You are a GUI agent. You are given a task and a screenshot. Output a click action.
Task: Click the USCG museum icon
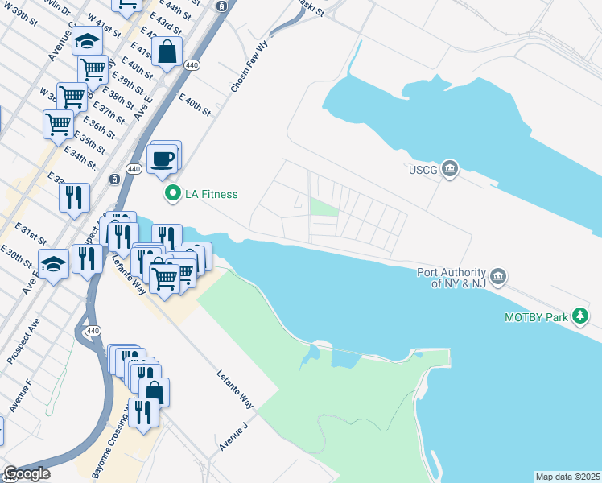click(x=450, y=168)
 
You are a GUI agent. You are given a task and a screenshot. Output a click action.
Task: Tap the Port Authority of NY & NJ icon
click(x=498, y=278)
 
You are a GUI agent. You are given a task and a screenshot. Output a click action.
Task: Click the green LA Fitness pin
click(x=171, y=194)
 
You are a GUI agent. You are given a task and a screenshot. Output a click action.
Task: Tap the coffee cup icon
click(x=163, y=158)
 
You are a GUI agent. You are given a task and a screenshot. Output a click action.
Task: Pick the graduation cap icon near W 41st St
click(x=86, y=40)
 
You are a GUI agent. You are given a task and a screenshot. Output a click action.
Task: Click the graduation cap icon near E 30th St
click(x=53, y=264)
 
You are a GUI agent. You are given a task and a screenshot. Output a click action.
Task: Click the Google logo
click(x=26, y=473)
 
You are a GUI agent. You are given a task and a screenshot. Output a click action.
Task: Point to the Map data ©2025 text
click(x=567, y=477)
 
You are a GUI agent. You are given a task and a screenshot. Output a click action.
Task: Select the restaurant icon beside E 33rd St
click(x=74, y=197)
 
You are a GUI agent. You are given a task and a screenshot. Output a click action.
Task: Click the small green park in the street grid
click(x=324, y=207)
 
